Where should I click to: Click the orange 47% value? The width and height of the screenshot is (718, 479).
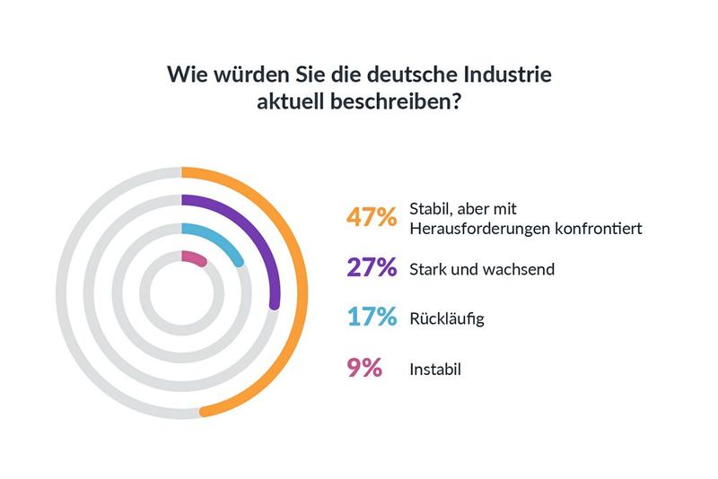click(x=372, y=218)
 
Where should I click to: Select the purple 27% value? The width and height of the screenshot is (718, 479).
click(x=372, y=268)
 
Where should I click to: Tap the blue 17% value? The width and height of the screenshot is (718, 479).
click(x=372, y=318)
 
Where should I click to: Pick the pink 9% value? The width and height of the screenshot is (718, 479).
click(x=364, y=368)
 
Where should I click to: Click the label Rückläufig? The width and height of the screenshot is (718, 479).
click(x=446, y=318)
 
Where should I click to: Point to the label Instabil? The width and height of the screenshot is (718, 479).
click(x=435, y=369)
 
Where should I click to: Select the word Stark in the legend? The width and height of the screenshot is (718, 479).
click(x=428, y=269)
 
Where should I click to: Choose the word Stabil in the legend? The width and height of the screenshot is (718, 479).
click(x=429, y=209)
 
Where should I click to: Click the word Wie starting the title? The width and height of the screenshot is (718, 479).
click(x=185, y=74)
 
